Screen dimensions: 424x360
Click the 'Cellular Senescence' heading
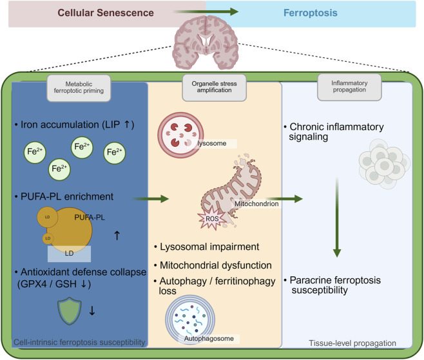pos(106,13)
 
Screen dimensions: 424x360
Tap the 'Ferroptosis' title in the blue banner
pos(311,13)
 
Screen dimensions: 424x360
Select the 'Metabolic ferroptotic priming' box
pos(79,88)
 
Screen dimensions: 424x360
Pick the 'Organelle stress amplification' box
pos(214,88)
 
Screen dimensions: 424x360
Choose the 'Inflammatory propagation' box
pos(349,87)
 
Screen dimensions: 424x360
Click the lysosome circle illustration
pos(180,135)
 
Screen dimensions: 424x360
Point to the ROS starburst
pos(212,218)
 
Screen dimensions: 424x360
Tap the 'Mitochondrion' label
pos(256,204)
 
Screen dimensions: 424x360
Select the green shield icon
pos(70,310)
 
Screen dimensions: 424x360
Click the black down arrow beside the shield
pos(92,310)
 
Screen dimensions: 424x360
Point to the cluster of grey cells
pos(384,164)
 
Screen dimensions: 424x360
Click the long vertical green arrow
pos(337,217)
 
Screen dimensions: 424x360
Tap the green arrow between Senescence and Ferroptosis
pos(206,12)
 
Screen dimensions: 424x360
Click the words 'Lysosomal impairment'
pos(209,247)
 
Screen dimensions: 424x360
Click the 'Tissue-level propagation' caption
pos(352,343)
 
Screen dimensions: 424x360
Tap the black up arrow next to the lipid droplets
pos(117,236)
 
